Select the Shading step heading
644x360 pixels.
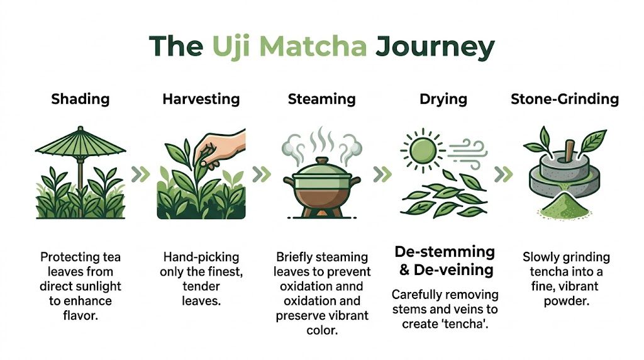(80, 99)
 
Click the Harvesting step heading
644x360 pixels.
(201, 99)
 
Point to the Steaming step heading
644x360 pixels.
(321, 99)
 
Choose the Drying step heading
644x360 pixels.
(443, 99)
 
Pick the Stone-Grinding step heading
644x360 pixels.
(564, 99)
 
